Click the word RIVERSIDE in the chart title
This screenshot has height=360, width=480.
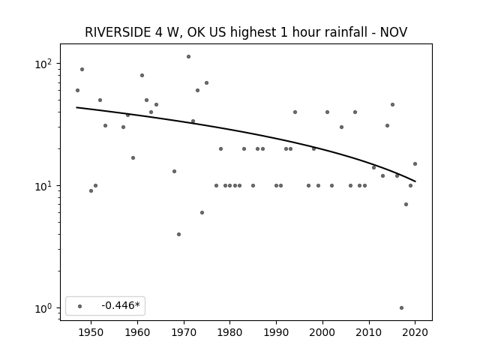click(118, 32)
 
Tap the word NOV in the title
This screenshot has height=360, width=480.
click(394, 32)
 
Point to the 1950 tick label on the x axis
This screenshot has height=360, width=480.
click(91, 332)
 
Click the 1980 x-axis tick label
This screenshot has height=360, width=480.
click(229, 332)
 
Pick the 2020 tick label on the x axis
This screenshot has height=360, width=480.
click(415, 332)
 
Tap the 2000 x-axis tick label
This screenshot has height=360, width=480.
click(322, 332)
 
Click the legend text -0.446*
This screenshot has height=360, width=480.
click(121, 305)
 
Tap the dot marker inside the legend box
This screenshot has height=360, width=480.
click(80, 306)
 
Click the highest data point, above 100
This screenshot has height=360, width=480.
click(188, 57)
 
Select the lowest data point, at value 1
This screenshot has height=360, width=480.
click(402, 308)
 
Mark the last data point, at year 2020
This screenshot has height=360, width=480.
click(415, 163)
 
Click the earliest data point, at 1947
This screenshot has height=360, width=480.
click(77, 90)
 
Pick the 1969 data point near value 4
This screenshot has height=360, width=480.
click(178, 235)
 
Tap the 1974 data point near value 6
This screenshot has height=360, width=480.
click(202, 212)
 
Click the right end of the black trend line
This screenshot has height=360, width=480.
click(415, 181)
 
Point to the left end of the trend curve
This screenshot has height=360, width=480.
click(76, 107)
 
